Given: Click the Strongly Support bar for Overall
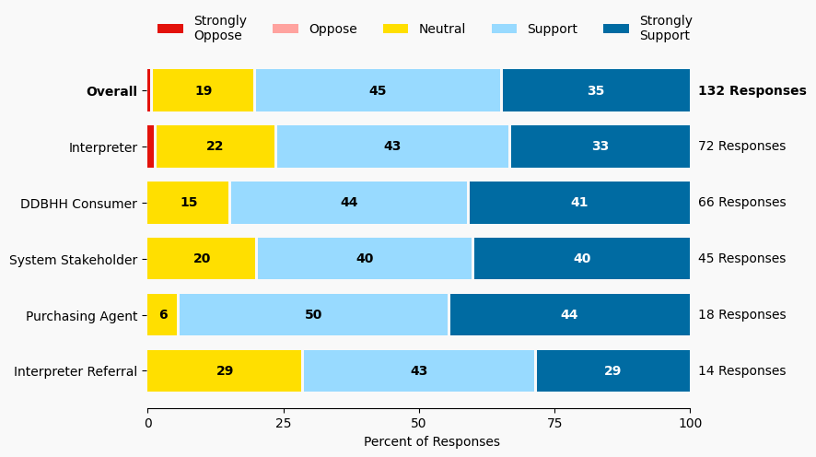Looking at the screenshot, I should click(596, 90).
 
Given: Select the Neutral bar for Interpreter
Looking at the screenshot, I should click(216, 146).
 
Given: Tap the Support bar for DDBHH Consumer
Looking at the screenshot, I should click(349, 203).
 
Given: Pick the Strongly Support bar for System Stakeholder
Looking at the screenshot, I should click(581, 259).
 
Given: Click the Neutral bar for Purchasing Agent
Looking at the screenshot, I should click(162, 315).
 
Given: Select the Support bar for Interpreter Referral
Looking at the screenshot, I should click(419, 371).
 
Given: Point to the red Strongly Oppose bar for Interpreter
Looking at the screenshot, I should click(151, 146).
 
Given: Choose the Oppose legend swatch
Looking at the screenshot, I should click(286, 29).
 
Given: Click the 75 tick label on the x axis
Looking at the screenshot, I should click(554, 423).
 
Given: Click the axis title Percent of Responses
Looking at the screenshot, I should click(432, 442).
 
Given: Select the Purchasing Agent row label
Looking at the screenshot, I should click(81, 316).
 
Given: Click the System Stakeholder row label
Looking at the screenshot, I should click(73, 260).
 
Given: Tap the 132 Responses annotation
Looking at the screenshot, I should click(752, 90).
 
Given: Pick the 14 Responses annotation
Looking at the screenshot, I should click(741, 371).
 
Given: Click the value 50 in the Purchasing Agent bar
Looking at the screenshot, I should click(313, 315).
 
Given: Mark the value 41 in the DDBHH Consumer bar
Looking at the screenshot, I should click(579, 203).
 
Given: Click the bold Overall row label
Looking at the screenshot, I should click(111, 91).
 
